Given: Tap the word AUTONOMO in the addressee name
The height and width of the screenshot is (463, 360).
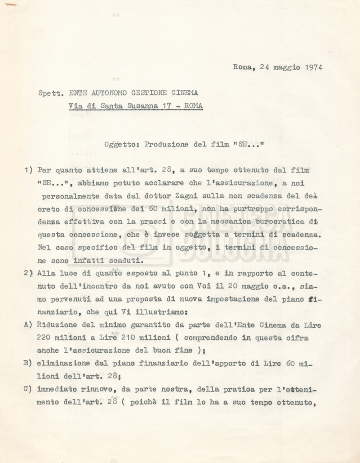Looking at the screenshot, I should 105,94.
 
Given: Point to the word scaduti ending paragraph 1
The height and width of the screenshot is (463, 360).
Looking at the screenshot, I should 127,261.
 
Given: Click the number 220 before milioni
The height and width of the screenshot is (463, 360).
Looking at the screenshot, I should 46,337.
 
